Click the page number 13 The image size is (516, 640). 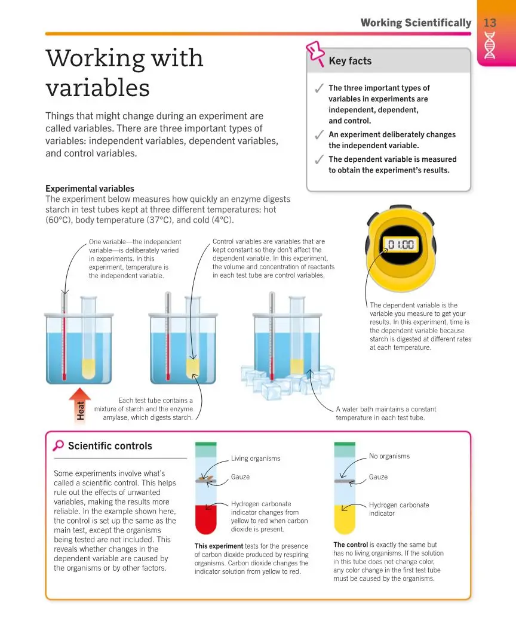tap(490, 23)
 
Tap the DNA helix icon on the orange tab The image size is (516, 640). tap(490, 45)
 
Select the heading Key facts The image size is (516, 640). tap(350, 61)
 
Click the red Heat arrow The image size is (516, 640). tap(80, 406)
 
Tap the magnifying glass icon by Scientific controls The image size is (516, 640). tap(59, 445)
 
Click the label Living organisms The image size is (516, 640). tap(255, 459)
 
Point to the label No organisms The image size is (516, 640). tap(389, 456)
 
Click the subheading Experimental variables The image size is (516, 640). tap(90, 189)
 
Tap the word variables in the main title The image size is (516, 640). tap(97, 88)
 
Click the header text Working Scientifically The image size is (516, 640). tap(416, 23)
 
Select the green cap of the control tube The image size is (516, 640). tap(344, 445)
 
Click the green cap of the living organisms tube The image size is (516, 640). tap(205, 445)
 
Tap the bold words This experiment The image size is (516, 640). tap(219, 546)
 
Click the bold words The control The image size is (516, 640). tap(351, 544)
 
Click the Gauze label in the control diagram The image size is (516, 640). tap(378, 477)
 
